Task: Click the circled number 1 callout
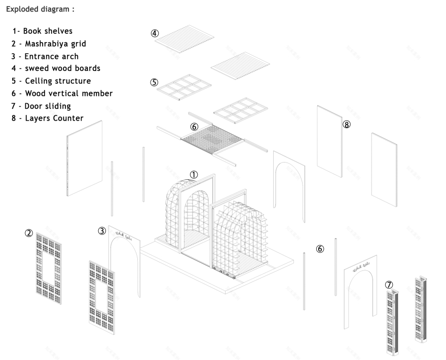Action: (194, 174)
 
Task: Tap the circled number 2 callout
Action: (29, 233)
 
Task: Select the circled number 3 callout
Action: (102, 231)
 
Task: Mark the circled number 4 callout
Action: (155, 33)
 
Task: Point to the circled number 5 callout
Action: (155, 82)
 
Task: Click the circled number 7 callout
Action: (389, 285)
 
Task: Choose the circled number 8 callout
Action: (347, 125)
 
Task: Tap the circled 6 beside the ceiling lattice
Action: (194, 127)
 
